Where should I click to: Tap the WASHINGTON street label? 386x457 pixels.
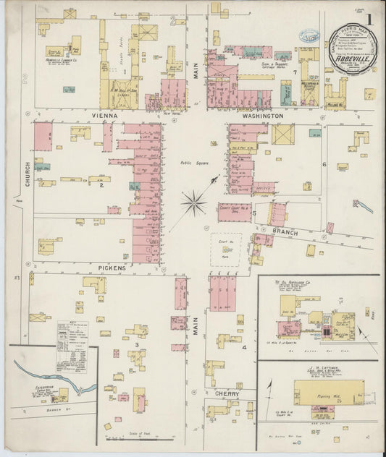pos(263,116)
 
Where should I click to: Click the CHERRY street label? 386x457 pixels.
pos(228,394)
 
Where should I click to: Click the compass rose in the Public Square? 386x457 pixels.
pos(193,202)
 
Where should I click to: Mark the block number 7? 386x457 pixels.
pos(295,73)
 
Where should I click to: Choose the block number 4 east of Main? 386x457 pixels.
pos(244,348)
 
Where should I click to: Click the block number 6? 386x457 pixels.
pos(324,165)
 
